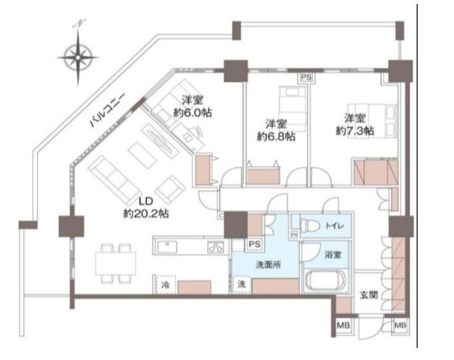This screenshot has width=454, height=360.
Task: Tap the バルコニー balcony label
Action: point(107,110)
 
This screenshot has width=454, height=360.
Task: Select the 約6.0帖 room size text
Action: point(192,112)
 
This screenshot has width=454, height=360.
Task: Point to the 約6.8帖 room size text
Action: point(276,136)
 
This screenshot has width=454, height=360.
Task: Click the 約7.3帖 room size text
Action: point(355,131)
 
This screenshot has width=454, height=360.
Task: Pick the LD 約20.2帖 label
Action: point(146,207)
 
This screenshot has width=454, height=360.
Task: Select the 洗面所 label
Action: point(268,264)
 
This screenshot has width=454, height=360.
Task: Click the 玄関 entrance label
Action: point(369,295)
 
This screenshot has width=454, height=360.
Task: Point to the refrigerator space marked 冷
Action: point(165,284)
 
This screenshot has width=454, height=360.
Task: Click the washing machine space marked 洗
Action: point(241,284)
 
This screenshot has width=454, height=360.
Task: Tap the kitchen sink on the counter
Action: point(167,246)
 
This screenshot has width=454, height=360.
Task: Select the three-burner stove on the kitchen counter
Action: point(216,247)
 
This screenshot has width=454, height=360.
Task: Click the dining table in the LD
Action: point(116,263)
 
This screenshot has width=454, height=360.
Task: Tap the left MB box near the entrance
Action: point(343,325)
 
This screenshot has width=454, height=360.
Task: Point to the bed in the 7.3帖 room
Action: point(372,121)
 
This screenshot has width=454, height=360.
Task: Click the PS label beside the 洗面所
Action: point(255,244)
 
